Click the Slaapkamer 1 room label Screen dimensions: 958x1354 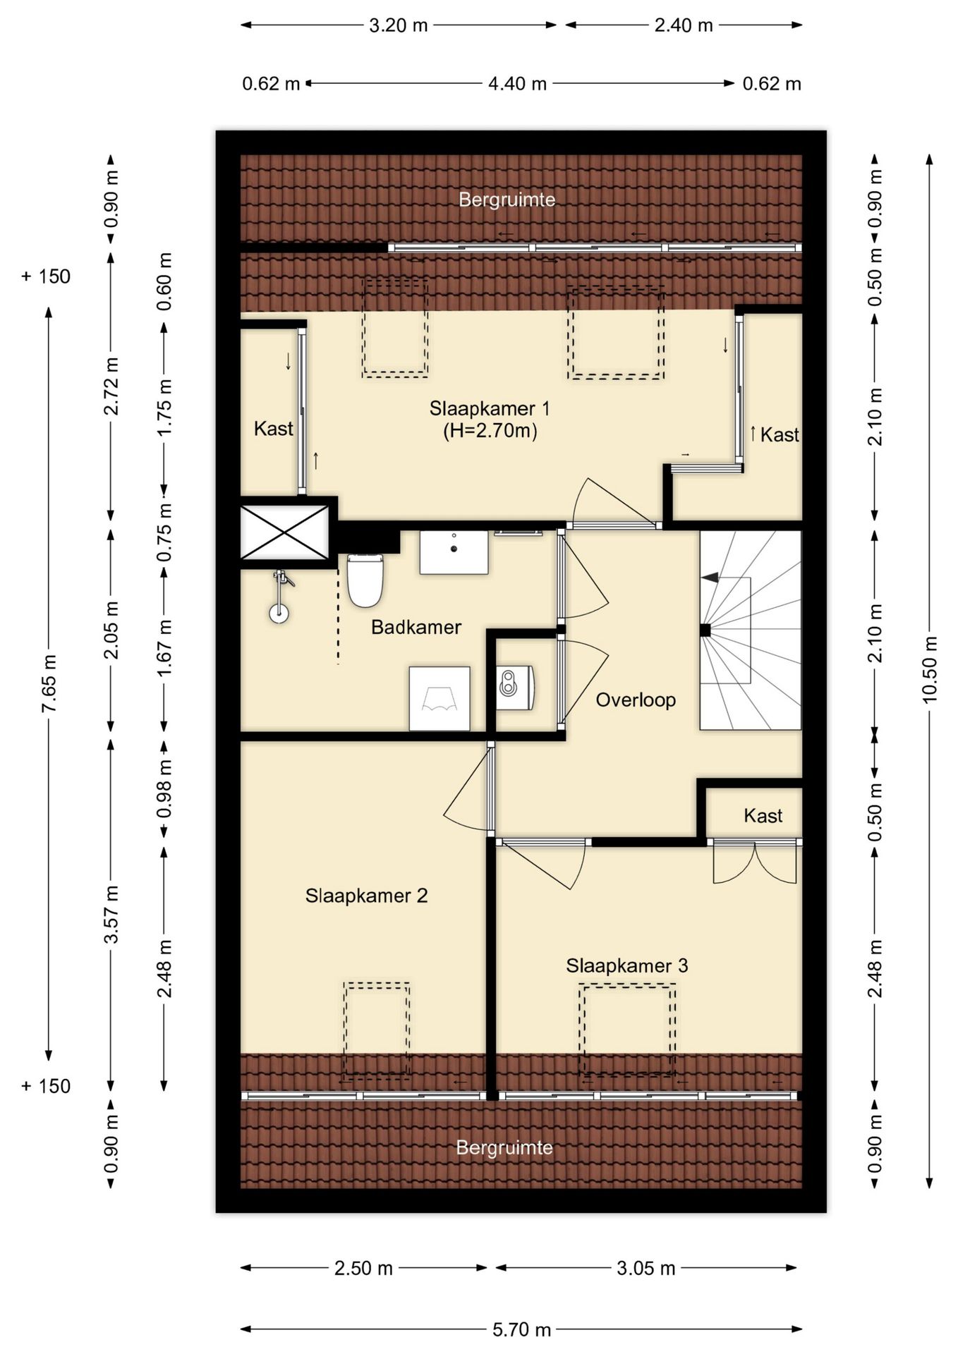(490, 408)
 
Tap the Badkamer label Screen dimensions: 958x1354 (416, 627)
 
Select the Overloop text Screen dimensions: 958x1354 (636, 700)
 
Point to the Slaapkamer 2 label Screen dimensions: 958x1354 (366, 896)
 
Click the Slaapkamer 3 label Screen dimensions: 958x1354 (626, 965)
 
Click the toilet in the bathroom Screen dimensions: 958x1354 (365, 580)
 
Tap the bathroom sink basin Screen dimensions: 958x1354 (454, 553)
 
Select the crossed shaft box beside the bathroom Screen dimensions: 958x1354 (285, 532)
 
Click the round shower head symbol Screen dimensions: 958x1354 (279, 613)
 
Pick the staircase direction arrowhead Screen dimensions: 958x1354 (710, 578)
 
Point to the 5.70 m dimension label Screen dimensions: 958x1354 (521, 1329)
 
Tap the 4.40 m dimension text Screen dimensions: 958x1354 (518, 84)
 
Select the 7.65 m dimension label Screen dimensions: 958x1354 (49, 683)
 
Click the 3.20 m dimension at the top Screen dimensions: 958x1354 (399, 25)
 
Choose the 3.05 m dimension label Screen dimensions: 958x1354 (646, 1268)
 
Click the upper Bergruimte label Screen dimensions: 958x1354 (507, 200)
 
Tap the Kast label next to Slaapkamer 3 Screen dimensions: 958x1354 (763, 816)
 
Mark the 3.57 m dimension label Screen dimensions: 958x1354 (111, 914)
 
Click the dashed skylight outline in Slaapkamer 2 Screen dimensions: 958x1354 (377, 1030)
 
